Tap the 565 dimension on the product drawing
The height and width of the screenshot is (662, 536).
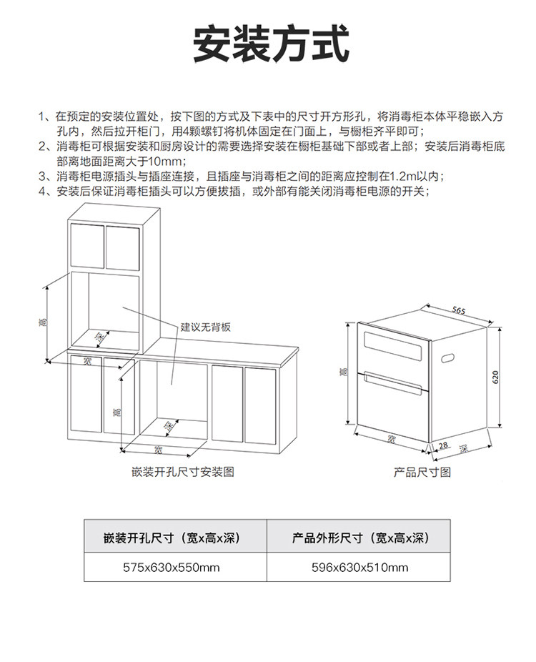[459, 311]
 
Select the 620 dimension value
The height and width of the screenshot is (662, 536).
[495, 377]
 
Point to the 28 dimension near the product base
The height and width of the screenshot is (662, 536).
[443, 445]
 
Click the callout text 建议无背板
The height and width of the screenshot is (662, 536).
[206, 327]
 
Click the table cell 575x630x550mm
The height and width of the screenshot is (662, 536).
[175, 568]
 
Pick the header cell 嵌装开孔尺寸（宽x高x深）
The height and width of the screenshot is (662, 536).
[175, 538]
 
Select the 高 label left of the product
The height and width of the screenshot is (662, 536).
[344, 372]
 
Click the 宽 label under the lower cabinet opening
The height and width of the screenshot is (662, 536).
[158, 450]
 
